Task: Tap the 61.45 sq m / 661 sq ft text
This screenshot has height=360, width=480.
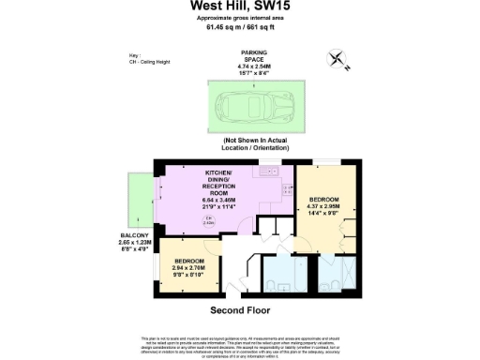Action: tap(239, 27)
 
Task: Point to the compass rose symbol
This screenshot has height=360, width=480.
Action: tap(338, 61)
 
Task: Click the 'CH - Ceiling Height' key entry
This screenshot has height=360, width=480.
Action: tap(152, 63)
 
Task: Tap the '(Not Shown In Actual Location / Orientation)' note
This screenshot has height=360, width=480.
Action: tap(252, 147)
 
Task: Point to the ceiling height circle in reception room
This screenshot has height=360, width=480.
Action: tap(209, 221)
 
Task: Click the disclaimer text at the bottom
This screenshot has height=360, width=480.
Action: tap(240, 343)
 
